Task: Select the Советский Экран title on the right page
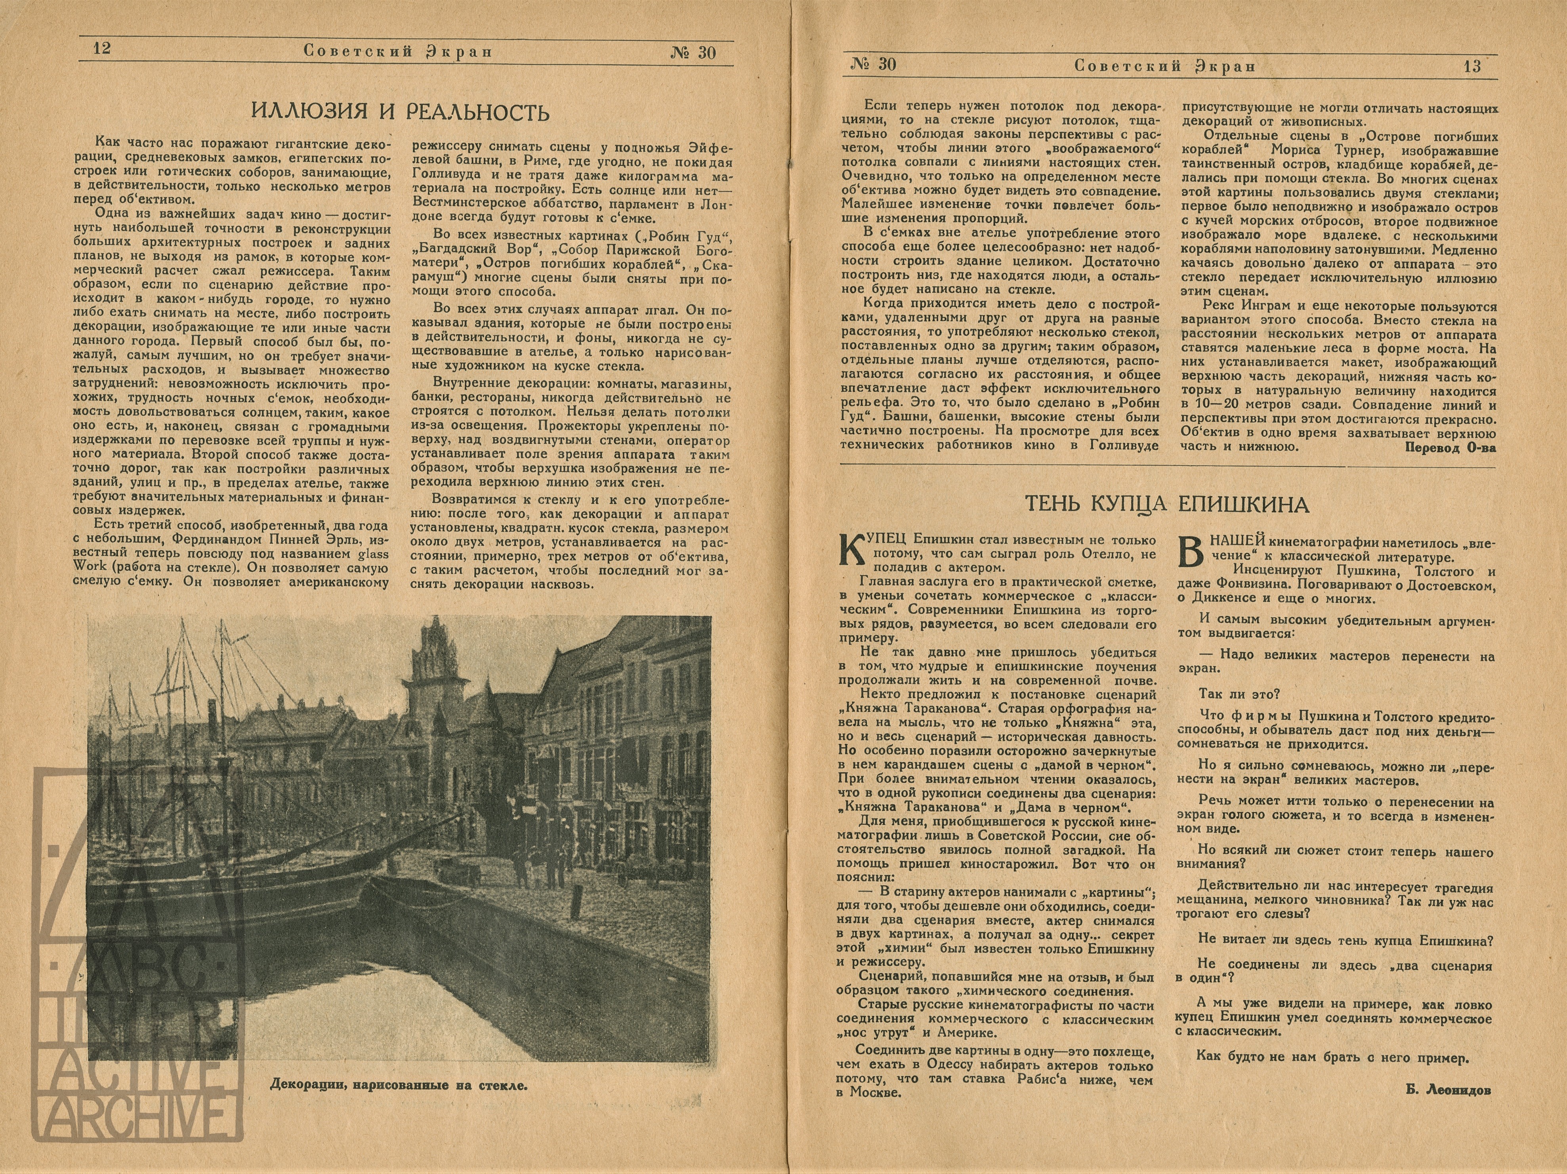(1164, 66)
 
